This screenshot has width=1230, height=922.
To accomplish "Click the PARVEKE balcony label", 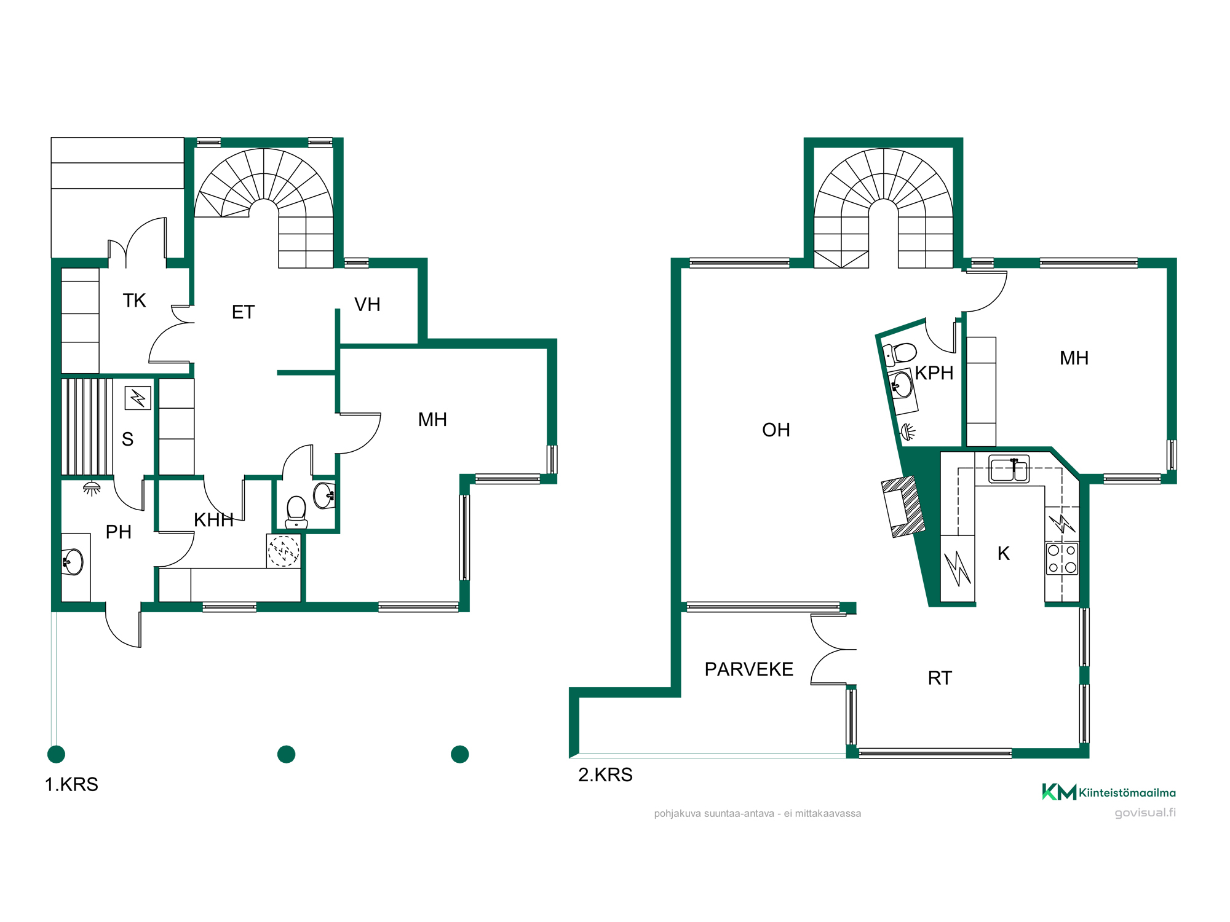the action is click(748, 669).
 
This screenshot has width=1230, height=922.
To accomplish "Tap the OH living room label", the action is click(776, 430).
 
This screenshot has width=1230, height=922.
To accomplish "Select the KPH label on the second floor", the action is click(934, 373).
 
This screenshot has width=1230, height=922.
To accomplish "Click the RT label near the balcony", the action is click(940, 678).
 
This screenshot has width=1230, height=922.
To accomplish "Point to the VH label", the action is click(367, 304).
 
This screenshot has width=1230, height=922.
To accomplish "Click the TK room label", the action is click(134, 301).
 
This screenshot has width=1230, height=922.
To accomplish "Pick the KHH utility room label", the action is click(213, 520).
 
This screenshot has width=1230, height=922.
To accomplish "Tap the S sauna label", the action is click(127, 439).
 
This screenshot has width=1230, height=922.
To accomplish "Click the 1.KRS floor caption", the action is click(71, 784).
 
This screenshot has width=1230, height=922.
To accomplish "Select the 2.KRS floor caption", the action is click(605, 774).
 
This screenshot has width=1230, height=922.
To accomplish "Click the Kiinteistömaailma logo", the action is click(1108, 792).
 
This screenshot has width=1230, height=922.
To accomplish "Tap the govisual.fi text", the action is click(1145, 813).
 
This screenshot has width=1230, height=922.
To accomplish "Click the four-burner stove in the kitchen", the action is click(1062, 559).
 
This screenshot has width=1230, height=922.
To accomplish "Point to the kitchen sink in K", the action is click(1009, 469).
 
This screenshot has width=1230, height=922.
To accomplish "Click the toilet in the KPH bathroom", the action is click(900, 354).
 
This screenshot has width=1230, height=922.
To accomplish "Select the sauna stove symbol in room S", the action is click(138, 398).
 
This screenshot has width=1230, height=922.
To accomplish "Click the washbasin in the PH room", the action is click(73, 562).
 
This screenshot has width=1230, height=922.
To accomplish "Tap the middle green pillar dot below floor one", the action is click(287, 754).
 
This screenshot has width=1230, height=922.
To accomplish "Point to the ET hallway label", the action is click(243, 312).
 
